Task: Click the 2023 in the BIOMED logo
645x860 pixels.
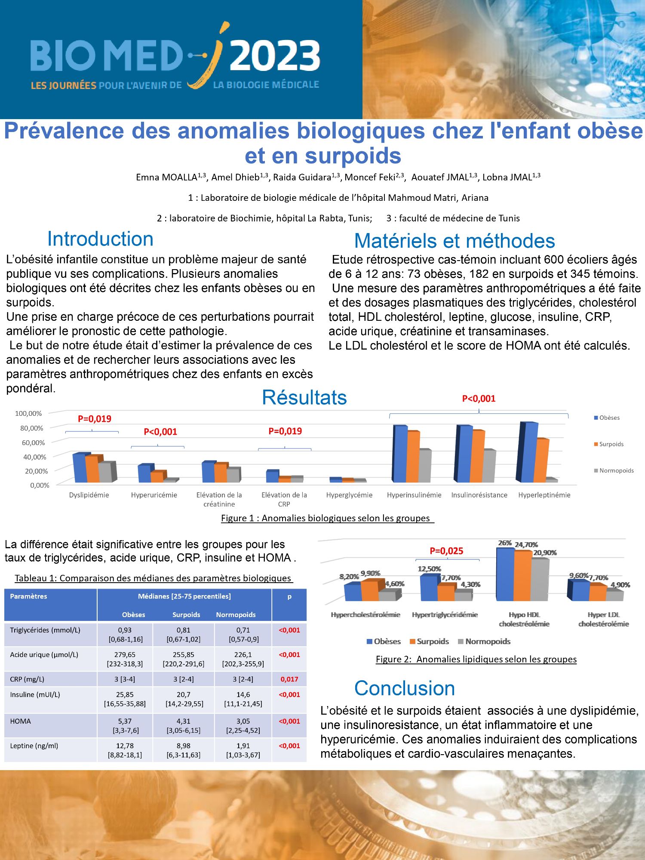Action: pos(275,56)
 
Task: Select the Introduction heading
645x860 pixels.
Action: pos(100,239)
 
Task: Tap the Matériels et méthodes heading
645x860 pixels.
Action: pos(455,241)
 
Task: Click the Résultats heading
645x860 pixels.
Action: pos(304,398)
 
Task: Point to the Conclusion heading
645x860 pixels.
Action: pos(405,688)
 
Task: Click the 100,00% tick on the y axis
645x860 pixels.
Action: pos(28,414)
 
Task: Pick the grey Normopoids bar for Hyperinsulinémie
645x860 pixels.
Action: pos(424,466)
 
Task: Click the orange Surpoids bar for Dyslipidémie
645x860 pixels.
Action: pos(92,469)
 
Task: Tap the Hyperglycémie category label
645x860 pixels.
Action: pos(349,495)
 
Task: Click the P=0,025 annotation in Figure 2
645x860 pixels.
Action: pos(446,551)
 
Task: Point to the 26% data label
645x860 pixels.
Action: pos(504,543)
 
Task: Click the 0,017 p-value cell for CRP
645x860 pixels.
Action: pos(289,679)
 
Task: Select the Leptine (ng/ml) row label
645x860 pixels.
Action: pos(35,746)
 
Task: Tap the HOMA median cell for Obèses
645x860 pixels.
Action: pos(125,726)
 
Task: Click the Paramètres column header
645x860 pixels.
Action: pos(28,596)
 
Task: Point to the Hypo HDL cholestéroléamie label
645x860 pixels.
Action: pos(524,619)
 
